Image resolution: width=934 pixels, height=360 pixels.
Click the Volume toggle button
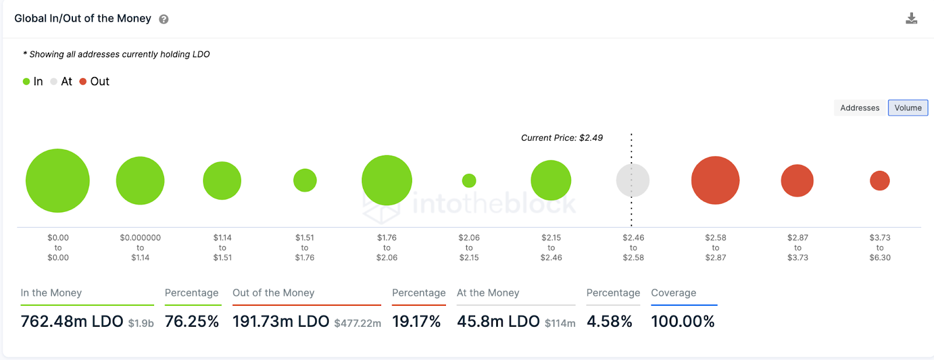(x=908, y=108)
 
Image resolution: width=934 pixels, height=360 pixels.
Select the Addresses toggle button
(x=859, y=108)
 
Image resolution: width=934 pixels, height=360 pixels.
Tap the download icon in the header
(x=911, y=19)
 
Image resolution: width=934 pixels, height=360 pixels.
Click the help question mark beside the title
(x=164, y=19)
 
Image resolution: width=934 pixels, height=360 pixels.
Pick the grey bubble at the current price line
(x=633, y=180)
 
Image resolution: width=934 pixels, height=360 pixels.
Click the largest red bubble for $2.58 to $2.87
(x=715, y=180)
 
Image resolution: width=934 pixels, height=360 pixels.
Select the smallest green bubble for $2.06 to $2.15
(x=469, y=181)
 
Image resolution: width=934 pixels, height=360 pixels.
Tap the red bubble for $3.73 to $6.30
(x=880, y=181)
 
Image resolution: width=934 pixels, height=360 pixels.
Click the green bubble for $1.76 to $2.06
(x=386, y=180)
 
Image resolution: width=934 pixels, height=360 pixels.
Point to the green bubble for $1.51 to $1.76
(x=305, y=180)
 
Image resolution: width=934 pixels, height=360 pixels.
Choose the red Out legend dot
(x=83, y=82)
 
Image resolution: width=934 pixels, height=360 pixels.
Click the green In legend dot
(x=26, y=82)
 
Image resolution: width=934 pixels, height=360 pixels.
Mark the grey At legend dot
(x=54, y=82)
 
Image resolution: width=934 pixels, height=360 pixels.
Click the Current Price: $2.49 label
(x=562, y=138)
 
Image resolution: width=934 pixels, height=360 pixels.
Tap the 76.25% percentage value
(x=191, y=321)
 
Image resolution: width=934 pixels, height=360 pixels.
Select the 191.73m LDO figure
(x=281, y=321)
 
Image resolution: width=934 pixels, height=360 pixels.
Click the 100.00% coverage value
(x=682, y=321)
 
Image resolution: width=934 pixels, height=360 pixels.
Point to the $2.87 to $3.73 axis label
(x=797, y=247)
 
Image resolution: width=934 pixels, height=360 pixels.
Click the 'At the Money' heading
(x=488, y=293)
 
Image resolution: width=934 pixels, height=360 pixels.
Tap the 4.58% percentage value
(x=609, y=321)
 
